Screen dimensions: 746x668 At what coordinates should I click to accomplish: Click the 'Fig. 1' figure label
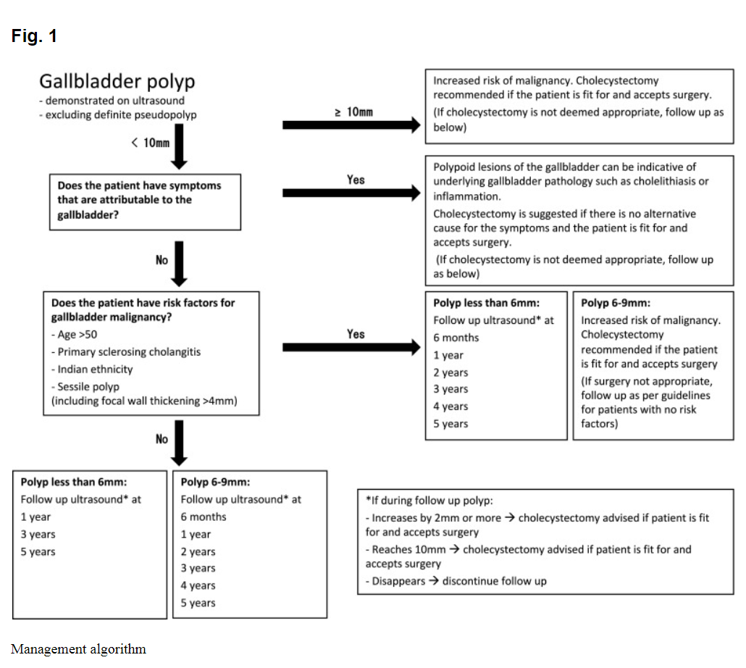click(x=34, y=36)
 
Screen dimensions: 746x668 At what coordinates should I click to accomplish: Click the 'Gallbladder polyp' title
click(x=117, y=81)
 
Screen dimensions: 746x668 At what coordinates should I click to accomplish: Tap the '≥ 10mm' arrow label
click(x=353, y=112)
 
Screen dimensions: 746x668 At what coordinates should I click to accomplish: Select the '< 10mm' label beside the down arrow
click(x=151, y=143)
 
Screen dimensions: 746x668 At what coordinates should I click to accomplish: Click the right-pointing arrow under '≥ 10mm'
click(x=351, y=125)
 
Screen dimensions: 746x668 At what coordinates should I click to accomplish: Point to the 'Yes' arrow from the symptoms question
click(x=351, y=193)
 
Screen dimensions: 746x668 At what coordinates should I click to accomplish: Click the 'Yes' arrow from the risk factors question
click(x=351, y=347)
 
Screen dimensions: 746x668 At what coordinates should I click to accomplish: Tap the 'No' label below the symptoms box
click(x=162, y=260)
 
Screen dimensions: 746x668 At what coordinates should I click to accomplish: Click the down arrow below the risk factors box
click(x=179, y=443)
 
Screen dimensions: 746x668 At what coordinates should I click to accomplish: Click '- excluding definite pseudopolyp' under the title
click(x=118, y=114)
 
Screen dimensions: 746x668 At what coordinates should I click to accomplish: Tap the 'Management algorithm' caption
click(x=78, y=649)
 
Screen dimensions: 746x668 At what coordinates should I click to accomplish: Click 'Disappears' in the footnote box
click(x=398, y=581)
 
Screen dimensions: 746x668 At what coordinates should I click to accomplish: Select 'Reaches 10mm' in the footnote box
click(x=408, y=549)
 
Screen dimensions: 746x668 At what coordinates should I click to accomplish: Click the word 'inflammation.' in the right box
click(x=466, y=196)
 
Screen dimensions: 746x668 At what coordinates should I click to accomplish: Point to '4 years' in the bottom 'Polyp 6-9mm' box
click(x=198, y=585)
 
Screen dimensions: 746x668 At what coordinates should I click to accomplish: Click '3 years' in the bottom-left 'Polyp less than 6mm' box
click(x=38, y=534)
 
